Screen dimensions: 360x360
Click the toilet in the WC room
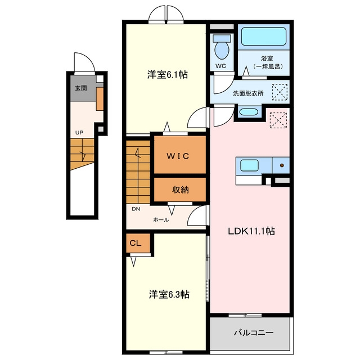pyautogui.click(x=222, y=47)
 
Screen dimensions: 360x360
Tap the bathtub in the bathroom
pyautogui.click(x=264, y=37)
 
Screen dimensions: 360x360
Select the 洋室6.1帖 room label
pyautogui.click(x=168, y=75)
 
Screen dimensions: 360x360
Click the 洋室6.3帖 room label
pyautogui.click(x=169, y=294)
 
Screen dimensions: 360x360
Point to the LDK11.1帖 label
pyautogui.click(x=251, y=231)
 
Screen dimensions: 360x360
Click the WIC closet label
pyautogui.click(x=178, y=156)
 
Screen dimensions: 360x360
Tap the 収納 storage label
pyautogui.click(x=181, y=190)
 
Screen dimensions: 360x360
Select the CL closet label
pyautogui.click(x=136, y=243)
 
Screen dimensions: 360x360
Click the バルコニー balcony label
pyautogui.click(x=254, y=332)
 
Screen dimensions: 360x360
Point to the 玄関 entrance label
pyautogui.click(x=81, y=88)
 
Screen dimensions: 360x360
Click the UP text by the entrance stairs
pyautogui.click(x=79, y=133)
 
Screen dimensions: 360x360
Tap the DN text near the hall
pyautogui.click(x=136, y=209)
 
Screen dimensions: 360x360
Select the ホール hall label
pyautogui.click(x=161, y=220)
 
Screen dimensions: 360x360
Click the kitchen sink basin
pyautogui.click(x=249, y=165)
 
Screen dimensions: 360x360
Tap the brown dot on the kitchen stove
pyautogui.click(x=282, y=165)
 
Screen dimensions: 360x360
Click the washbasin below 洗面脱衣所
pyautogui.click(x=248, y=112)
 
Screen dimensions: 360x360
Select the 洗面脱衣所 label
pyautogui.click(x=248, y=93)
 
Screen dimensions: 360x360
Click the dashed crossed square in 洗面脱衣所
pyautogui.click(x=280, y=92)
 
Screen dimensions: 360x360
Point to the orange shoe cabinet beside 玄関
pyautogui.click(x=100, y=99)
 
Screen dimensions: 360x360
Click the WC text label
pyautogui.click(x=220, y=66)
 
